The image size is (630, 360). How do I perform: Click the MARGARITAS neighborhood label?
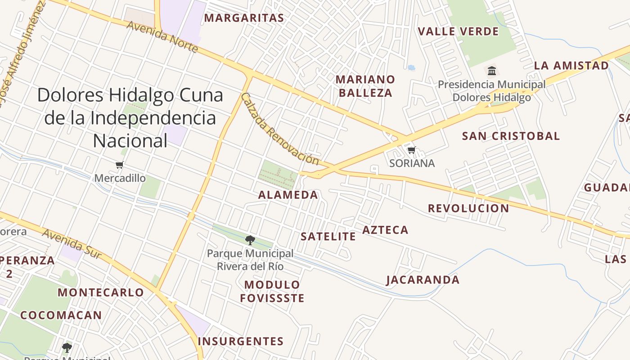pyautogui.click(x=244, y=18)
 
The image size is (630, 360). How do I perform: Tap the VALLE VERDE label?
pyautogui.click(x=458, y=31)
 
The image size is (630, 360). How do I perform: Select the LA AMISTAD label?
pyautogui.click(x=571, y=66)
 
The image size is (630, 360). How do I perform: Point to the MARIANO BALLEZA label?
pyautogui.click(x=365, y=86)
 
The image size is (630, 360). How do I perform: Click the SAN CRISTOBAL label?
pyautogui.click(x=511, y=136)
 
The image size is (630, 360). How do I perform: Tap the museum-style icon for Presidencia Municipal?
pyautogui.click(x=492, y=71)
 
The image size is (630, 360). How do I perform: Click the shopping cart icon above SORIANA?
pyautogui.click(x=411, y=150)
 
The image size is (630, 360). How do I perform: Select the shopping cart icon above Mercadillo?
pyautogui.click(x=119, y=165)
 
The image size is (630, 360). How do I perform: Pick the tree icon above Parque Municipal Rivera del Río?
pyautogui.click(x=250, y=240)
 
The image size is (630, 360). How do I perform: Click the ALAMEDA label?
pyautogui.click(x=288, y=195)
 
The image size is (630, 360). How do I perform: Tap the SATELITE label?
pyautogui.click(x=328, y=237)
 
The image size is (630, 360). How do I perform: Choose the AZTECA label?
pyautogui.click(x=385, y=230)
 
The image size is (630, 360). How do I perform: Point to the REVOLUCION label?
pyautogui.click(x=468, y=208)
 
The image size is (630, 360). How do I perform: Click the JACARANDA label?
pyautogui.click(x=423, y=280)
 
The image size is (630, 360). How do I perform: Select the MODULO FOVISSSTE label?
pyautogui.click(x=272, y=291)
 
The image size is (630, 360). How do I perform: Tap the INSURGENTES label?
pyautogui.click(x=241, y=341)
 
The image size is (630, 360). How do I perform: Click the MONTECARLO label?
pyautogui.click(x=101, y=292)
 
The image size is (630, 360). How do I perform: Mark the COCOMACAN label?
pyautogui.click(x=61, y=315)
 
